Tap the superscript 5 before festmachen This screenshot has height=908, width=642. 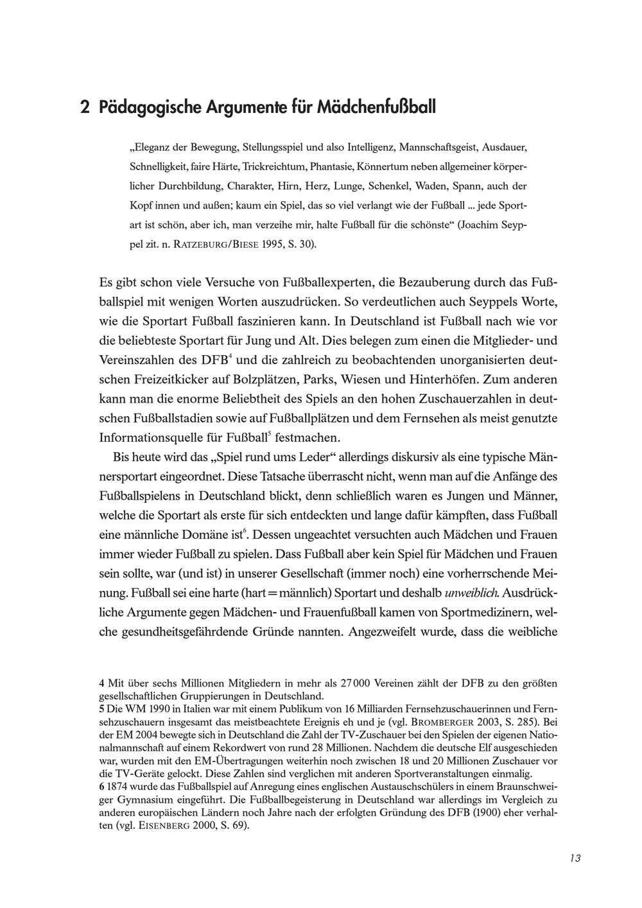point(269,435)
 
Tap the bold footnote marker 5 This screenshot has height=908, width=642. point(103,709)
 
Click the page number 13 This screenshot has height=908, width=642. point(575,859)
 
